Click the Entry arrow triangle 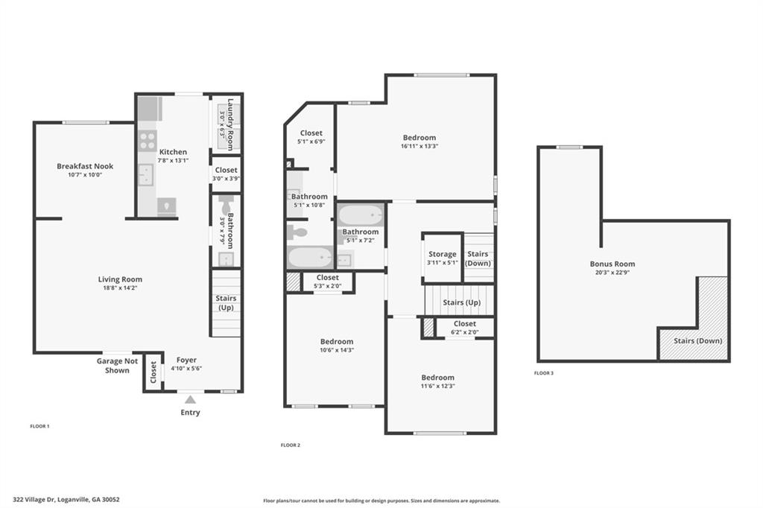point(190,399)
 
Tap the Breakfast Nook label point(85,166)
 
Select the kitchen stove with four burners point(148,141)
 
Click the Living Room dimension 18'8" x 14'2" point(120,288)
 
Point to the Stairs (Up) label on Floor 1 point(226,302)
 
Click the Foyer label point(186,360)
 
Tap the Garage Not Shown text point(117,366)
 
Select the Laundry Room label point(230,124)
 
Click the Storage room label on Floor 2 point(443,254)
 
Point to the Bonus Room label point(612,264)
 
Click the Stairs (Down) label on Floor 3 point(697,340)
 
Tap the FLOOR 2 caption point(291,445)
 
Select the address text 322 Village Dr point(34,499)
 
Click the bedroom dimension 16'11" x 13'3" point(420,146)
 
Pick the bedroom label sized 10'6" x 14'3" point(337,342)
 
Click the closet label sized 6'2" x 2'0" point(465,323)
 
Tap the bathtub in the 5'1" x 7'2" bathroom point(361,215)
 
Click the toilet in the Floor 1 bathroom point(227,204)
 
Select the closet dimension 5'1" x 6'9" point(311,142)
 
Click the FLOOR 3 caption point(543,373)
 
